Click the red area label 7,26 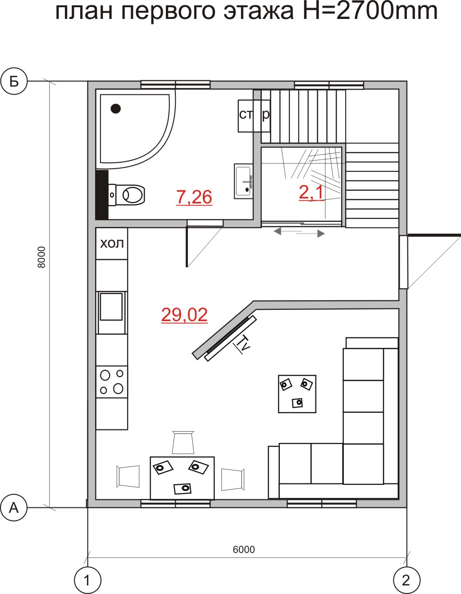click(x=194, y=198)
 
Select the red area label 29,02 click(x=184, y=315)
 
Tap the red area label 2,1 click(x=311, y=193)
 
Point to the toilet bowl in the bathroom click(x=127, y=195)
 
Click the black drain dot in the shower click(x=116, y=109)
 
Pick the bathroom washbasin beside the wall click(x=243, y=181)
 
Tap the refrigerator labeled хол click(x=112, y=244)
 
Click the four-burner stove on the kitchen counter click(x=112, y=382)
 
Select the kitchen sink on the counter click(x=111, y=306)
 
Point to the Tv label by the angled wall click(x=243, y=344)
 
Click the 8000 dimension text click(x=41, y=257)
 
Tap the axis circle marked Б click(x=14, y=81)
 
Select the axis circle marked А click(x=14, y=508)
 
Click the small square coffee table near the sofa click(x=297, y=394)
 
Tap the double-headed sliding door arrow click(x=299, y=233)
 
